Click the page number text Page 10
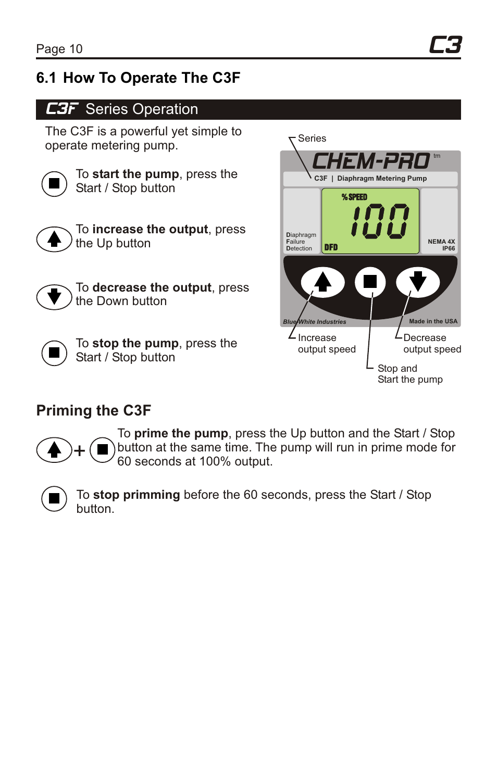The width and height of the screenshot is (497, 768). pyautogui.click(x=59, y=49)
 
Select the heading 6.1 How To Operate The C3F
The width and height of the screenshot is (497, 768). pyautogui.click(x=138, y=78)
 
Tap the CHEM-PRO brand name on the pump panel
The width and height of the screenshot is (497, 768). pyautogui.click(x=370, y=161)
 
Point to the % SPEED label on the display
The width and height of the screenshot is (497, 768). pyautogui.click(x=354, y=197)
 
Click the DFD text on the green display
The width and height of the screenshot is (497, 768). pyautogui.click(x=331, y=247)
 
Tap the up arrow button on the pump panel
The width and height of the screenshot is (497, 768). pyautogui.click(x=323, y=282)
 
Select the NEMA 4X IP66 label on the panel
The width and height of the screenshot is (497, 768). pyautogui.click(x=441, y=245)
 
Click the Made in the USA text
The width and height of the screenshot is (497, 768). pyautogui.click(x=433, y=321)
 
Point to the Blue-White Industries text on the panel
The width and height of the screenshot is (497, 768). pyautogui.click(x=314, y=322)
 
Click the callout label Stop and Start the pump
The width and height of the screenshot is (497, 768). pyautogui.click(x=409, y=374)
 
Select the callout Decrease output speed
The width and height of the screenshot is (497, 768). pyautogui.click(x=431, y=344)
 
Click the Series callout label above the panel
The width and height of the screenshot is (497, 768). pyautogui.click(x=312, y=139)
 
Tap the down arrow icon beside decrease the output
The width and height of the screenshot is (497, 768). pyautogui.click(x=54, y=297)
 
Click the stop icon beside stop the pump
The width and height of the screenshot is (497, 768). pyautogui.click(x=54, y=352)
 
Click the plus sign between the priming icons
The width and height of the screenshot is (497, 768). pyautogui.click(x=79, y=451)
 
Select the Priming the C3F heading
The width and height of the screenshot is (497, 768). pyautogui.click(x=94, y=411)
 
